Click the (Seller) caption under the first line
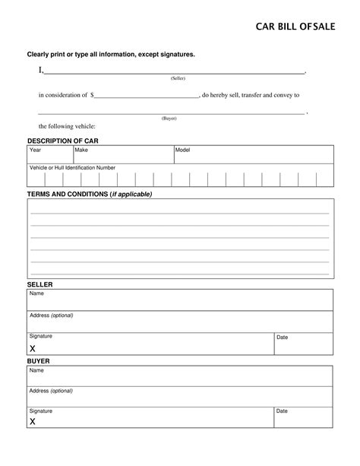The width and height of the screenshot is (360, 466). coord(178,78)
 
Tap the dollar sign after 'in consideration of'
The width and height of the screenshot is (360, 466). coord(93,96)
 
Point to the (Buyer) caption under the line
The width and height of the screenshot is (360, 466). coord(169,118)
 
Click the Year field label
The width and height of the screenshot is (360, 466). coord(35,151)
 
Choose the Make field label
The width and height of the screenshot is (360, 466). coord(81,151)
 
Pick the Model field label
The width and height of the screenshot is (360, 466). coord(182,151)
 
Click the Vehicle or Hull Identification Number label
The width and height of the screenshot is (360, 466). coord(72,167)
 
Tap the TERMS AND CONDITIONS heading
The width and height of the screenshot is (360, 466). coord(90,194)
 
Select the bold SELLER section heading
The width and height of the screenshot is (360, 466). coord(39,284)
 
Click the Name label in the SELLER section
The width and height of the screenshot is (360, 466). coord(36,293)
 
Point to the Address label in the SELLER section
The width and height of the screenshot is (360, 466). coord(51,315)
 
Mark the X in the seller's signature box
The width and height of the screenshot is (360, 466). coord(33,348)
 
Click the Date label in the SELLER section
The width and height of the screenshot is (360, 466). coord(282,337)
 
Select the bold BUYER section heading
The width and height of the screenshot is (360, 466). coord(38,362)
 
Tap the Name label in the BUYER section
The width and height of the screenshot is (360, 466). coord(36,371)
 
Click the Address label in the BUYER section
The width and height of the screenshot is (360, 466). coord(51,391)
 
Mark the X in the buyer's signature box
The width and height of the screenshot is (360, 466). coord(33,420)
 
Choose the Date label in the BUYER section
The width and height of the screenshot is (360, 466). coord(282,411)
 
